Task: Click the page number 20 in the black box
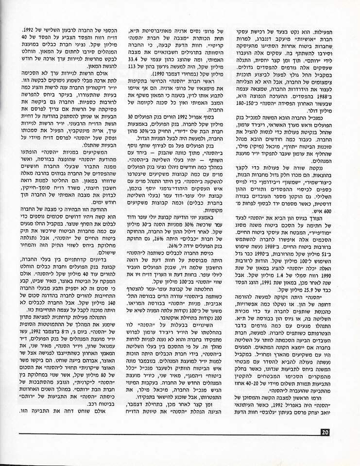pos(325,431)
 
